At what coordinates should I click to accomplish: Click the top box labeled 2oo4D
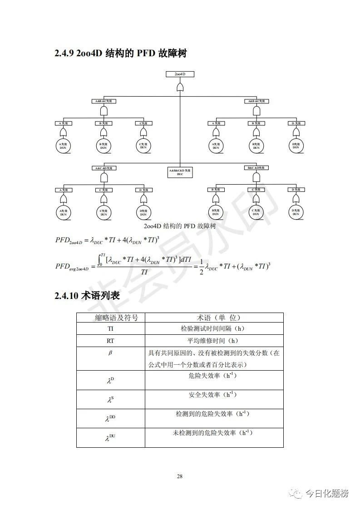[x=180, y=73]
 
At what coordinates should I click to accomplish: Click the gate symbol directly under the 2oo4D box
[x=180, y=86]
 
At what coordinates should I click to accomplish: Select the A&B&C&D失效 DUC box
[x=180, y=172]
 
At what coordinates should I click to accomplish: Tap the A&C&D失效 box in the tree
[x=104, y=168]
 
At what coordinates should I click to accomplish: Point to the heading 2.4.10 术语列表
[x=87, y=296]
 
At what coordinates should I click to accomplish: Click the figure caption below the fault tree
[x=179, y=226]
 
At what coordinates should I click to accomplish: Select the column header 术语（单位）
[x=214, y=318]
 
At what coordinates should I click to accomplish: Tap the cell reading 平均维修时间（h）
[x=213, y=341]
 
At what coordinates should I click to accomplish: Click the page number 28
[x=180, y=476]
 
